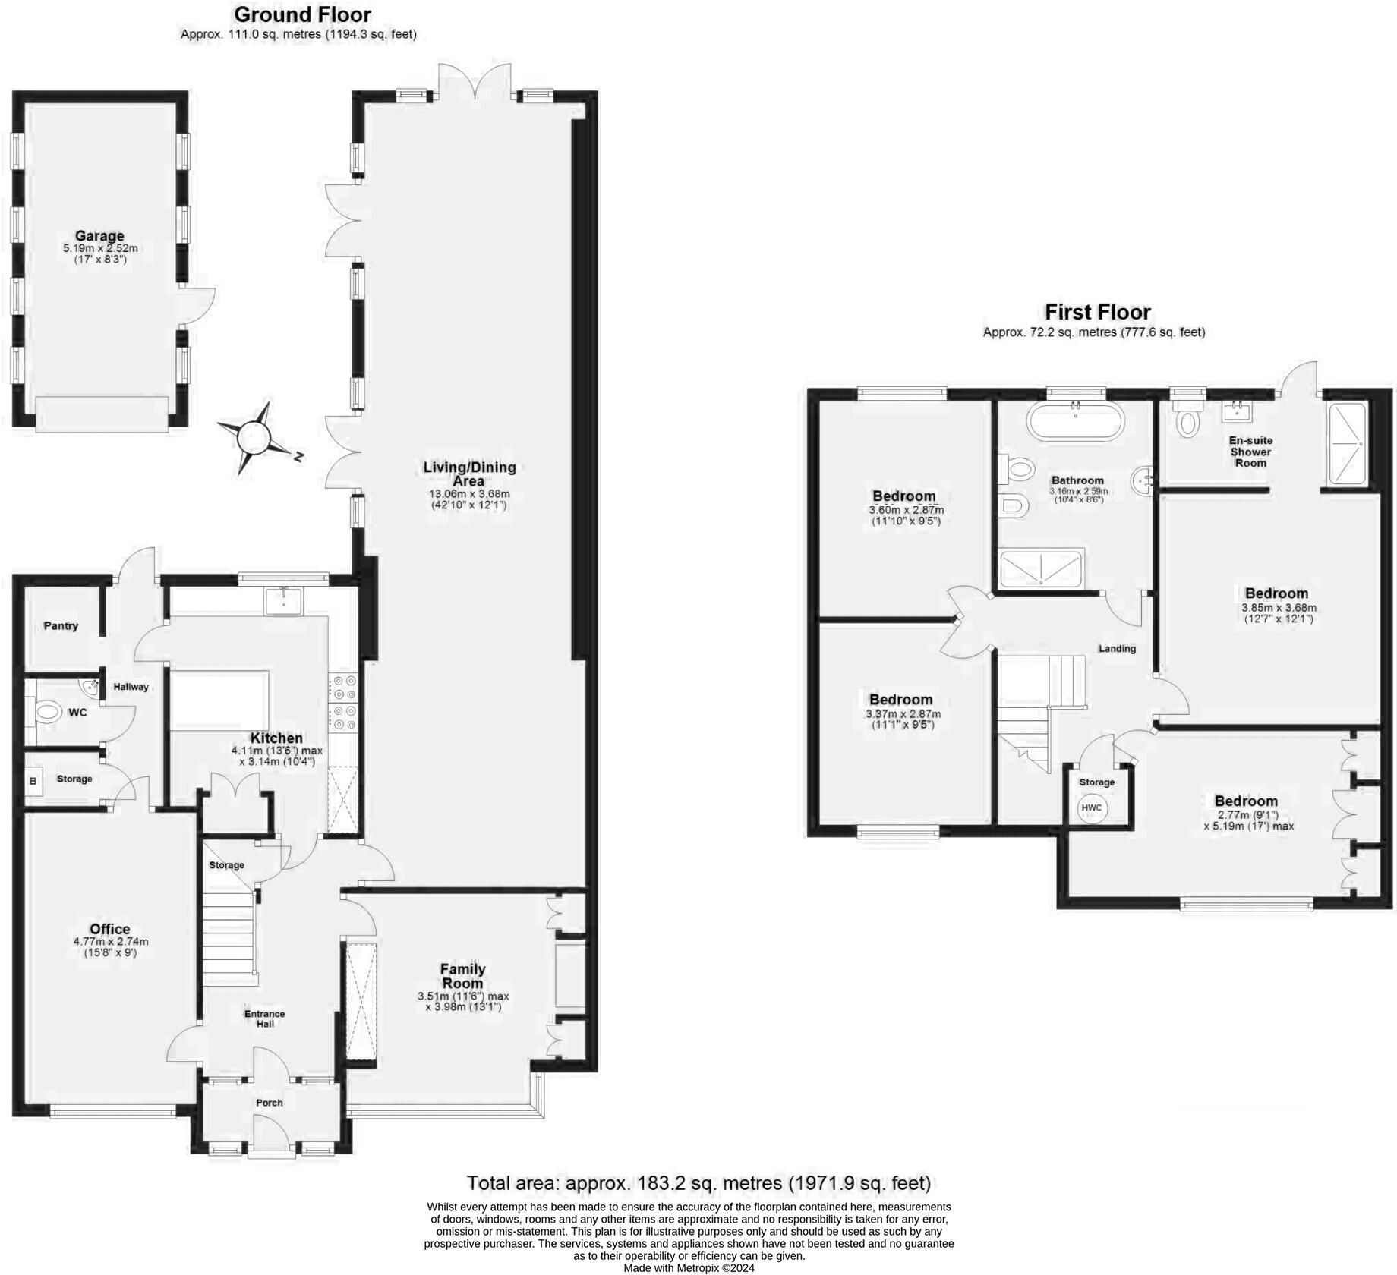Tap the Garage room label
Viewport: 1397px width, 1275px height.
point(99,236)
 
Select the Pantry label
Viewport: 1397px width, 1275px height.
point(61,626)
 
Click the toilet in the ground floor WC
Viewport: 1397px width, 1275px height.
point(48,713)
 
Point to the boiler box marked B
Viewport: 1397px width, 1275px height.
point(33,781)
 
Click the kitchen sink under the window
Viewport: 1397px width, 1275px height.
point(283,601)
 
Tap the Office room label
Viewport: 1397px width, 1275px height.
point(110,929)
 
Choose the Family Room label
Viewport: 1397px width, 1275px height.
point(463,976)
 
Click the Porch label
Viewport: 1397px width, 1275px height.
point(270,1103)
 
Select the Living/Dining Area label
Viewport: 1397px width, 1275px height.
point(469,474)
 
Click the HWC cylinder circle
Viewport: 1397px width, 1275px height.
point(1092,807)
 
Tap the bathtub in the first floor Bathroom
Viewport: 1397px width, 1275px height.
point(1075,420)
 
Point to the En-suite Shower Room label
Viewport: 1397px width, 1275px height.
point(1250,452)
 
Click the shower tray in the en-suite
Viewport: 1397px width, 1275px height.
point(1346,444)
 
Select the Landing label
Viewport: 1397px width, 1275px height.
point(1118,649)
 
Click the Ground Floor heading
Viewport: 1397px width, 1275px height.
point(302,14)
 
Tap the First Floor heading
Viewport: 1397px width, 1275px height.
point(1097,312)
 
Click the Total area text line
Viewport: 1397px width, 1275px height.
point(698,1183)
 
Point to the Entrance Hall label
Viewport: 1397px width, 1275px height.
point(264,1018)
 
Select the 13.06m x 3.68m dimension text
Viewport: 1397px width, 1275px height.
point(469,494)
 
